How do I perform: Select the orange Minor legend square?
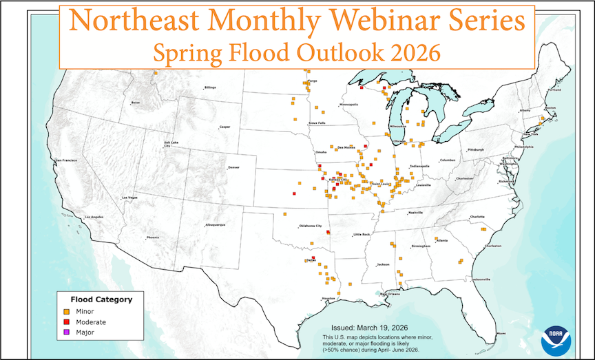[67, 311]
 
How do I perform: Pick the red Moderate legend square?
[67, 321]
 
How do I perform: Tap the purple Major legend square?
[67, 332]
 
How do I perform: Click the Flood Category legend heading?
[101, 299]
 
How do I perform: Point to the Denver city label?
[233, 168]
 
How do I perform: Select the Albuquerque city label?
[216, 225]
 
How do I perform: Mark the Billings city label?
[210, 87]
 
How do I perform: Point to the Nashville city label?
[415, 213]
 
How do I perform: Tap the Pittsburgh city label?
[476, 149]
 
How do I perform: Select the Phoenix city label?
[152, 237]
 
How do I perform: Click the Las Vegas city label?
[129, 198]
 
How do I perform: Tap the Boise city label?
[135, 103]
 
